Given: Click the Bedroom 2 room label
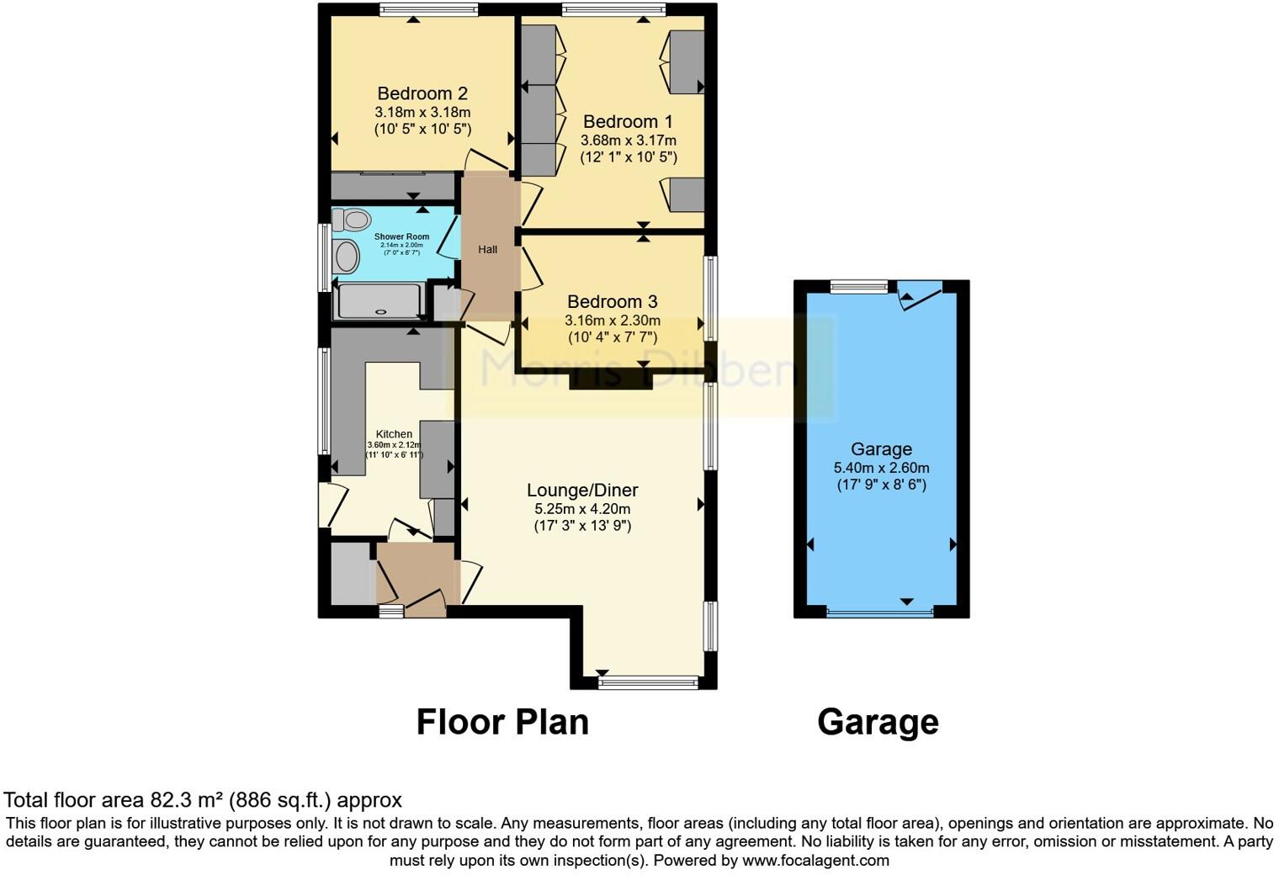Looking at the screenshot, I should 422,93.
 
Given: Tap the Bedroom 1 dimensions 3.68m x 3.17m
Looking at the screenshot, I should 628,141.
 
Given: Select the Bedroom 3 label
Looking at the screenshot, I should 612,301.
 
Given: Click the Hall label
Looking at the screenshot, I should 488,249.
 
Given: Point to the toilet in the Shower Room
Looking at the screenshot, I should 352,220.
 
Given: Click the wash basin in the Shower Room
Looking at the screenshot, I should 346,256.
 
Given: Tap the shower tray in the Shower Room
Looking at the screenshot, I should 378,301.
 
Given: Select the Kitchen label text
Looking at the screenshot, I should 394,434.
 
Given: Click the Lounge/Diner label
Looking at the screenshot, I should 582,490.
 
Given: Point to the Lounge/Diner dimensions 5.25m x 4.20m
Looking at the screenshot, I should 582,509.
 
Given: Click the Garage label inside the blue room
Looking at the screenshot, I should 881,449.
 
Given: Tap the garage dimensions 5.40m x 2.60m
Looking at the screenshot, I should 881,468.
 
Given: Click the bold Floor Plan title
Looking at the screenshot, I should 502,722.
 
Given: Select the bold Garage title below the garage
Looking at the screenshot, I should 878,722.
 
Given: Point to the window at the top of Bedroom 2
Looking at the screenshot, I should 428,10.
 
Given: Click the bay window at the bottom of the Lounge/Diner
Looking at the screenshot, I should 649,682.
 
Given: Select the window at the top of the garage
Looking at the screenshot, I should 859,287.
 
